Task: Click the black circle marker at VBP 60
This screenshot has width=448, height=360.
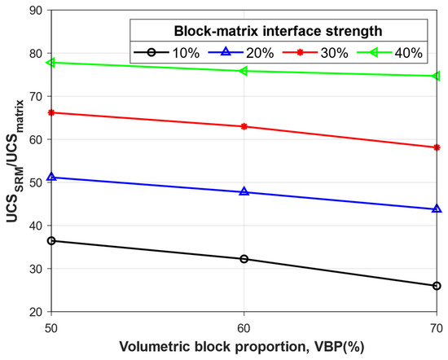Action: coord(244,259)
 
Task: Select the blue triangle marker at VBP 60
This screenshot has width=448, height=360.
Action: coord(244,192)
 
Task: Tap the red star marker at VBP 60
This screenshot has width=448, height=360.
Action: coord(244,126)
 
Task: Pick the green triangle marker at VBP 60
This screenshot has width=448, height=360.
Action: coord(244,71)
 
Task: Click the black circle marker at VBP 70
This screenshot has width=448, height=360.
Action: coord(437,286)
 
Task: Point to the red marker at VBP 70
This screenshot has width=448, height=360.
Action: coord(437,147)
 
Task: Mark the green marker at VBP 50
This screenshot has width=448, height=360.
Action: coord(51,62)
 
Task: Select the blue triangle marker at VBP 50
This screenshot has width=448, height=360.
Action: coord(51,177)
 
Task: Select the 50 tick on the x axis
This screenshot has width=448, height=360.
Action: coord(51,325)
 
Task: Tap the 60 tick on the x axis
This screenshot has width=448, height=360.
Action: coord(244,325)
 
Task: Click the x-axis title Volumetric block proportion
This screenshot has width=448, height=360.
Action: coord(244,346)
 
